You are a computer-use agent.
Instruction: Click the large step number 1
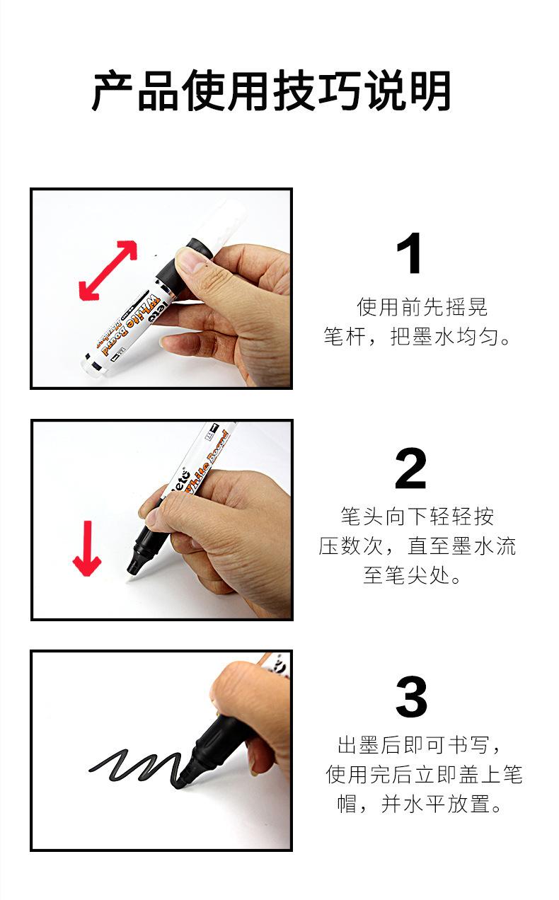410,253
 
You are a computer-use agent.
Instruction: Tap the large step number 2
410,468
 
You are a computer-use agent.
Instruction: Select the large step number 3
411,697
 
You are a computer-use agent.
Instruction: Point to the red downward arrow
87,548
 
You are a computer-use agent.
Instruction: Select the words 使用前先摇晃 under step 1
422,307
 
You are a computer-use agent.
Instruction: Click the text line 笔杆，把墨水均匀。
417,337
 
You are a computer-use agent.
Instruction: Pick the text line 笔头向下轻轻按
417,517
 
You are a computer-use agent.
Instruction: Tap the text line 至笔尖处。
412,575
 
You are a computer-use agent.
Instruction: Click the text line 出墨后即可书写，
419,745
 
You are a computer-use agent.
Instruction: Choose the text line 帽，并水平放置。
419,804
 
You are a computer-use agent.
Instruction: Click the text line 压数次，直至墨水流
417,546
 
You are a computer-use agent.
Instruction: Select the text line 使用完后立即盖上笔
424,774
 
